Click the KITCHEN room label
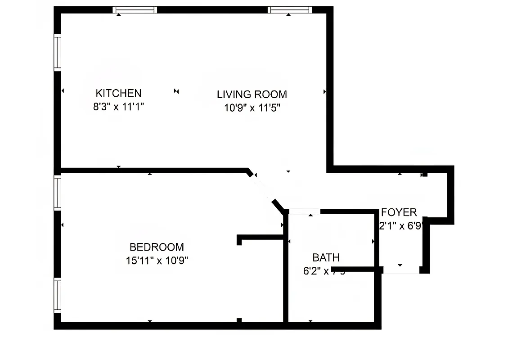click(118, 93)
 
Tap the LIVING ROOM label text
click(252, 94)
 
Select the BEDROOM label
click(157, 247)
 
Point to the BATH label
click(326, 258)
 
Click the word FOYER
click(399, 212)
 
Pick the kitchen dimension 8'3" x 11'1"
click(118, 107)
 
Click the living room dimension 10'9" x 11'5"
click(252, 108)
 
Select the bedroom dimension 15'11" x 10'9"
click(157, 261)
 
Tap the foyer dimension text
click(400, 226)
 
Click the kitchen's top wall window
click(135, 10)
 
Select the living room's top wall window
click(290, 10)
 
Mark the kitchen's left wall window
click(58, 52)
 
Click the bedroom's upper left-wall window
click(58, 192)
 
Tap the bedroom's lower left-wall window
click(58, 295)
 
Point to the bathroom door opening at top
click(305, 211)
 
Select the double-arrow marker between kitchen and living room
click(177, 92)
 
